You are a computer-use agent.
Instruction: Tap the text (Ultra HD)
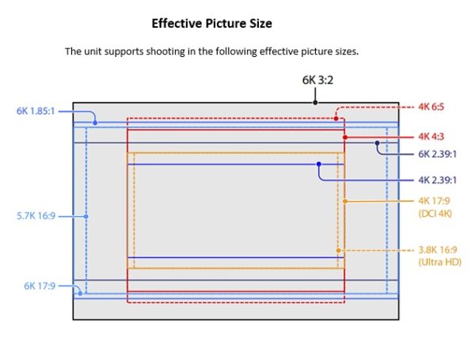click(x=439, y=262)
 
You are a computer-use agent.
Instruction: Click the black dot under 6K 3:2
click(x=315, y=102)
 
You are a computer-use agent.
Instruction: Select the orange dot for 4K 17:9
click(x=344, y=201)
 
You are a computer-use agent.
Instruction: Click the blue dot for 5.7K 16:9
click(x=86, y=215)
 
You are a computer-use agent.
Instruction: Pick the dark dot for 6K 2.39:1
click(x=378, y=143)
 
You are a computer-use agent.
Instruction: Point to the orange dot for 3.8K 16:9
click(x=338, y=250)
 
